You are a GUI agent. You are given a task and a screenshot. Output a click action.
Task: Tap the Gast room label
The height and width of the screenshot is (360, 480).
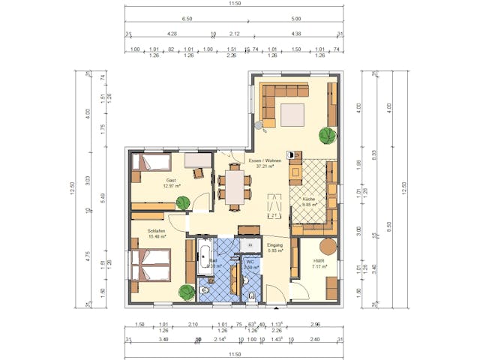(x=171, y=180)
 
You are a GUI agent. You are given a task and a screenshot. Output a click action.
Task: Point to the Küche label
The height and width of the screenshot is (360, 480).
(x=309, y=198)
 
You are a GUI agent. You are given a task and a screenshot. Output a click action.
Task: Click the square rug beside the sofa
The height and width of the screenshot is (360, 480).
(x=292, y=115)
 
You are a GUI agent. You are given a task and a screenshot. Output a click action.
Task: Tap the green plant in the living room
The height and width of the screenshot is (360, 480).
(x=327, y=136)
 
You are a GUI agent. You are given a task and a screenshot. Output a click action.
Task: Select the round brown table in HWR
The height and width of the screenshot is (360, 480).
(x=328, y=247)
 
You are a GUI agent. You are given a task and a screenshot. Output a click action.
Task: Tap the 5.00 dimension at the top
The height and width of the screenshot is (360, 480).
(x=296, y=19)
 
